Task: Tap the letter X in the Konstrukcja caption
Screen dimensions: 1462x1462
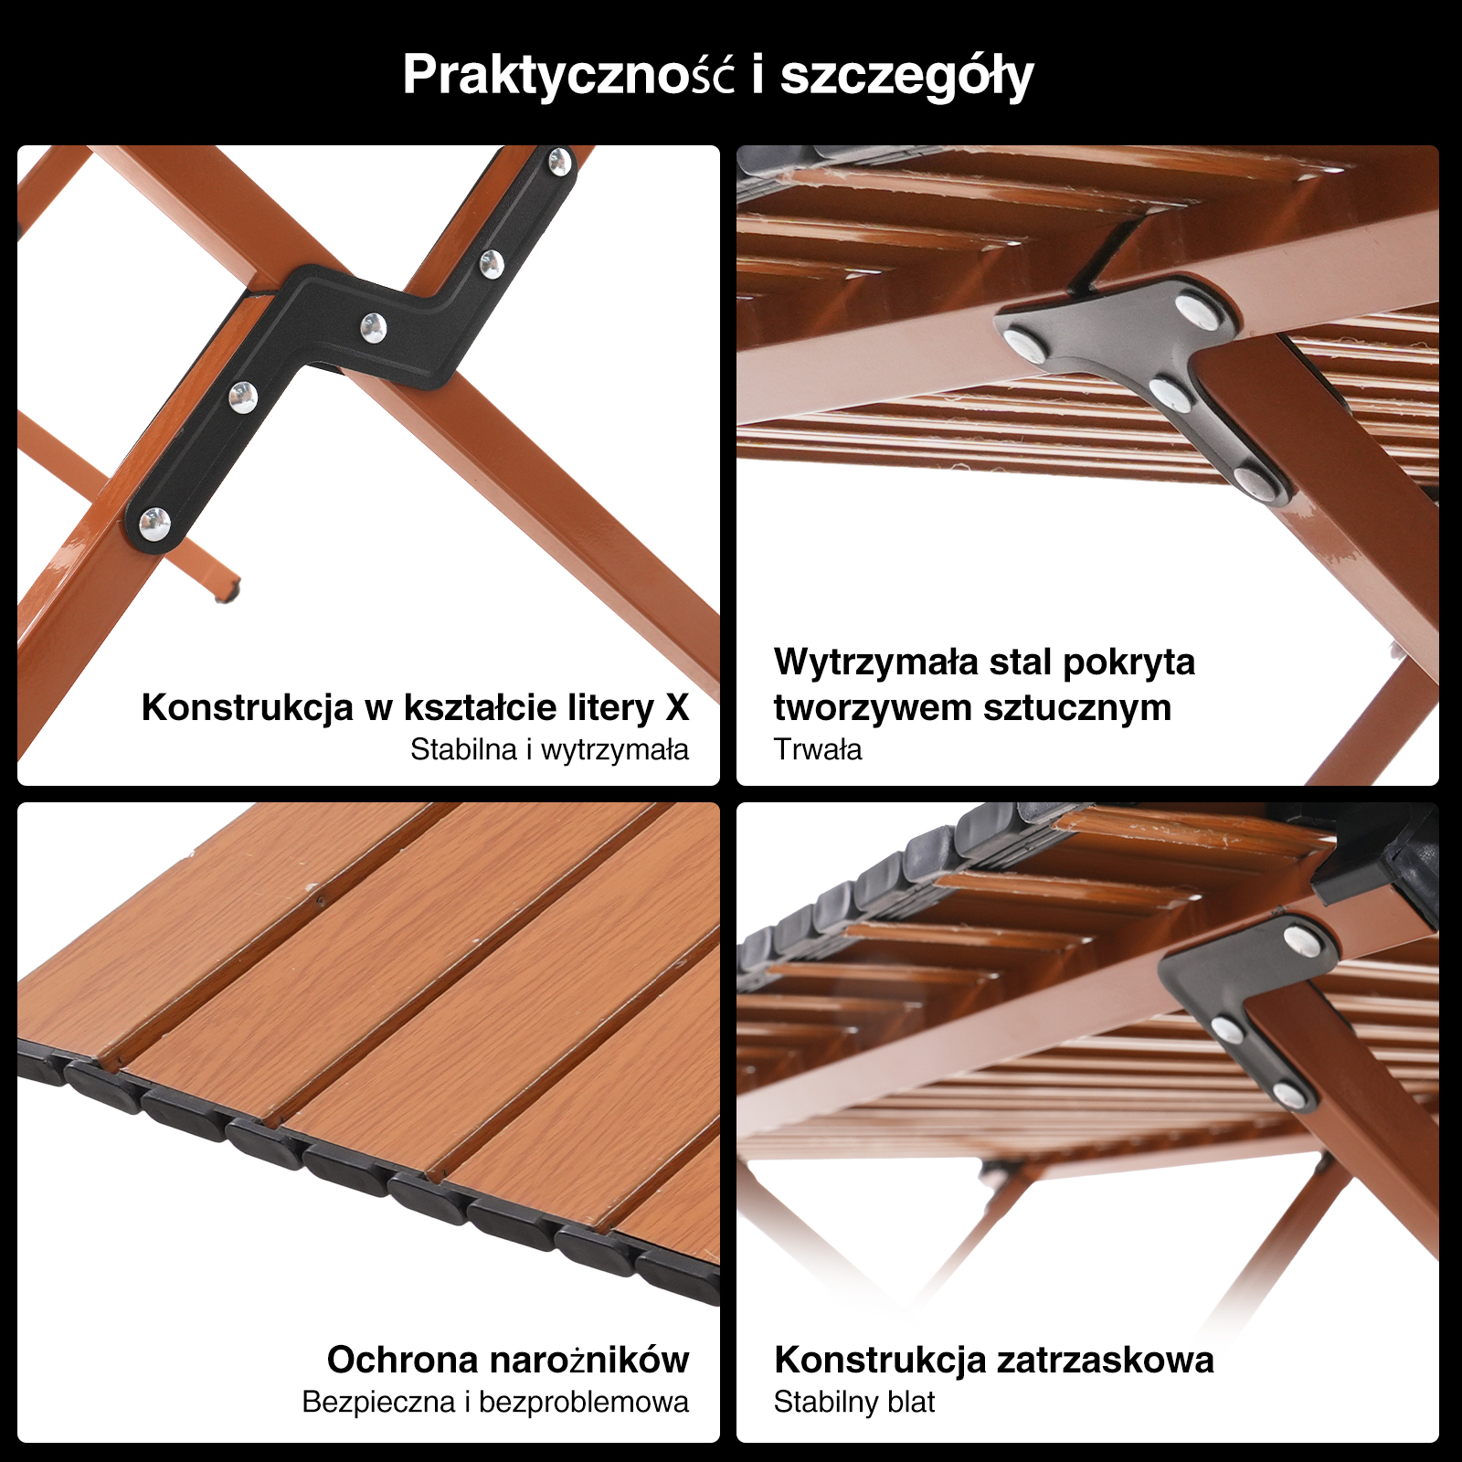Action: pyautogui.click(x=677, y=707)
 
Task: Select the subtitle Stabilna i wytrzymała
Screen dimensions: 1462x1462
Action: pyautogui.click(x=549, y=749)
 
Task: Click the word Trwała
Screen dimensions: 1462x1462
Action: pyautogui.click(x=818, y=749)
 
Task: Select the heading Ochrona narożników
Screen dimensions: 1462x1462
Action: pyautogui.click(x=508, y=1360)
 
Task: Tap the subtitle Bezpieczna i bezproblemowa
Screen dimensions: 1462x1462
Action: pyautogui.click(x=495, y=1402)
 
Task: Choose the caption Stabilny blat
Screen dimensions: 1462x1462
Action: pyautogui.click(x=853, y=1402)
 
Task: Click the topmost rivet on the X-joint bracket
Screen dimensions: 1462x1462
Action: pyautogui.click(x=558, y=163)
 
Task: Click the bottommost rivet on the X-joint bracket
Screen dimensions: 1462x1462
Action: pyautogui.click(x=154, y=524)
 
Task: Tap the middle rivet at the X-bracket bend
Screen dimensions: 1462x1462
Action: pyautogui.click(x=373, y=327)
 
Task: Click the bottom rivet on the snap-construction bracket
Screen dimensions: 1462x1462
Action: pyautogui.click(x=1287, y=1094)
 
